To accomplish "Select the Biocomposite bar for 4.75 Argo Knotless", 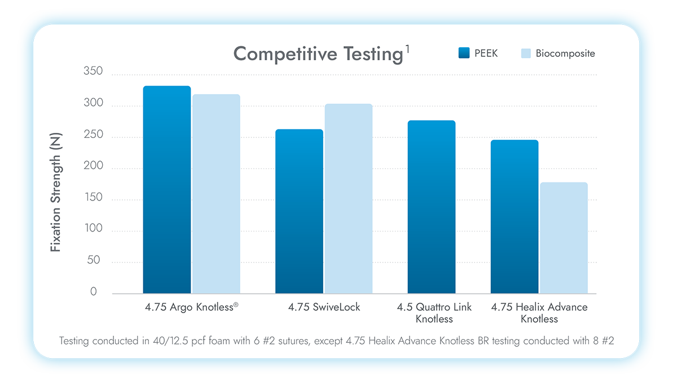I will (x=216, y=194).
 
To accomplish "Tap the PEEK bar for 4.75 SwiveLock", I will (x=299, y=211).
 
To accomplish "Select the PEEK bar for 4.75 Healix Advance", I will (x=514, y=217).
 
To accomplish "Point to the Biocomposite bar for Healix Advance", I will (x=564, y=238).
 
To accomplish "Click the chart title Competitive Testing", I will (x=317, y=54).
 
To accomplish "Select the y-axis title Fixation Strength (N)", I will (x=55, y=192).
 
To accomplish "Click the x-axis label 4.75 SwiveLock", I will (x=324, y=307).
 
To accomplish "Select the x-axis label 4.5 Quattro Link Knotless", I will (x=434, y=313).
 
